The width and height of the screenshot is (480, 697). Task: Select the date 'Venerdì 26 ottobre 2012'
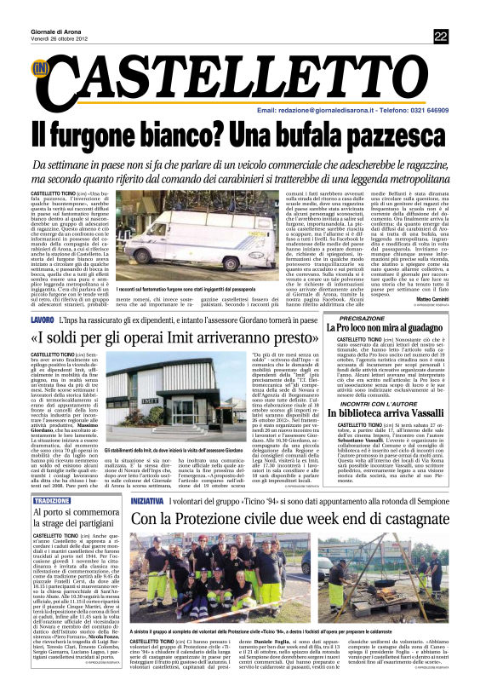(x=61, y=39)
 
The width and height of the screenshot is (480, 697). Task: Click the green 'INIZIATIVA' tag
(x=148, y=501)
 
